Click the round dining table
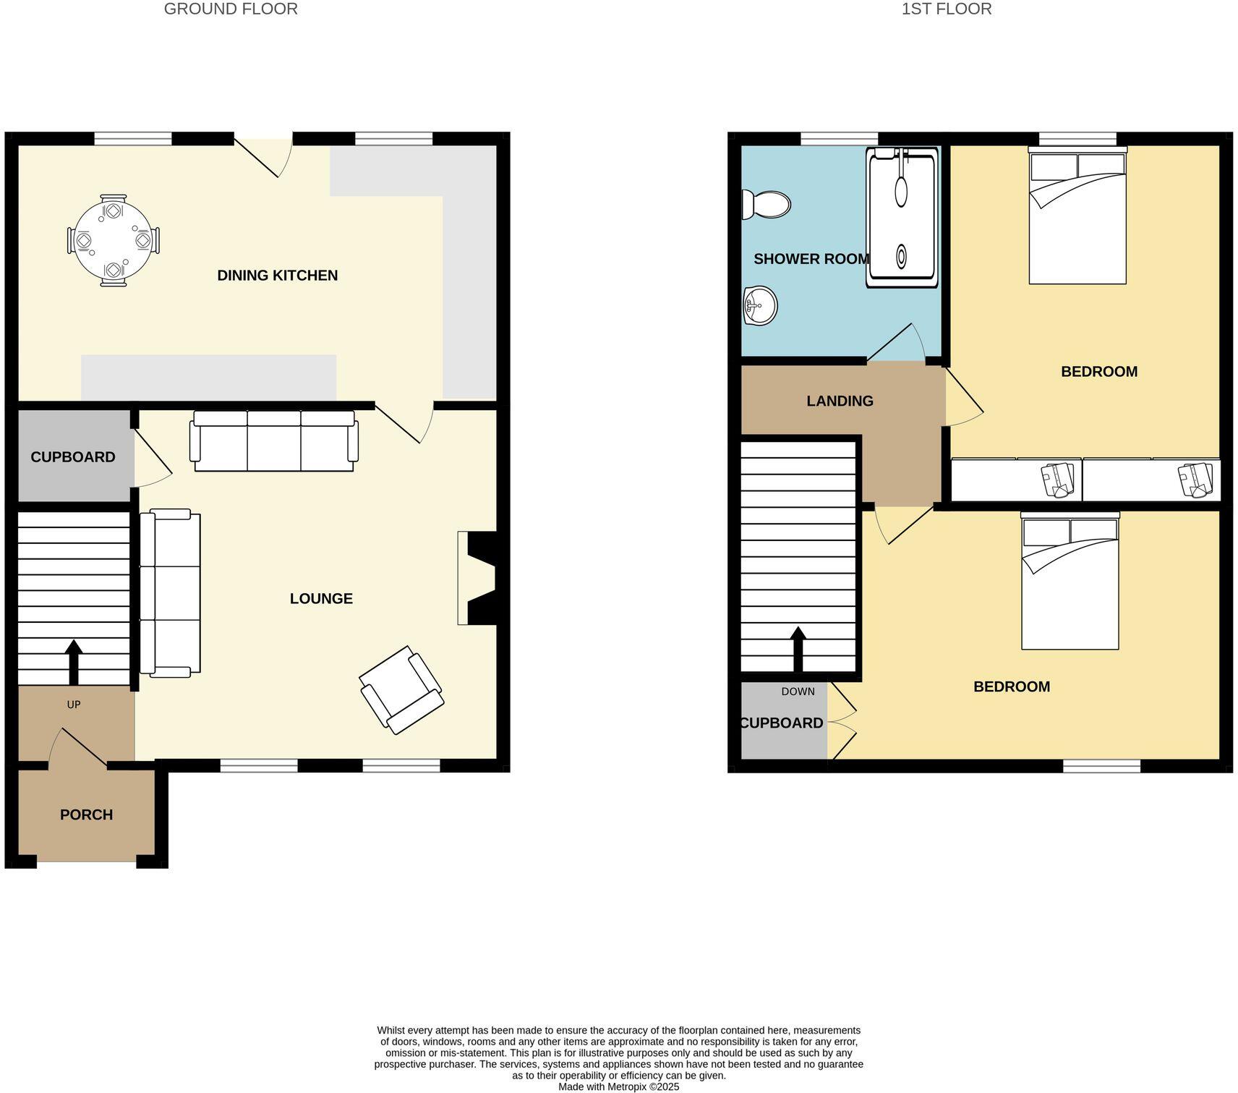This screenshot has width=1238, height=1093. coord(114,240)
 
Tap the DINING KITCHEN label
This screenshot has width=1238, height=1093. coord(277,276)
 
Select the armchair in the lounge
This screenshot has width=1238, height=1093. coord(402,690)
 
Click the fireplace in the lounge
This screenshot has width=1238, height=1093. coord(478,578)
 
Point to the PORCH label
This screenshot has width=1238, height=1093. coord(86,815)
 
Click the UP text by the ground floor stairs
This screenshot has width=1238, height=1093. coord(74,705)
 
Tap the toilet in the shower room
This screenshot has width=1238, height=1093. coord(767,205)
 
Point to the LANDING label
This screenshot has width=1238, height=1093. coord(840,401)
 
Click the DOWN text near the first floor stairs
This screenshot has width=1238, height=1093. coord(798,692)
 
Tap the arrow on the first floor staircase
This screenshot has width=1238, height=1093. coord(798,649)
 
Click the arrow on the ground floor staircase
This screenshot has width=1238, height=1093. coord(74,661)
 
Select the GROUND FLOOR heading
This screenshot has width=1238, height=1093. coord(231,9)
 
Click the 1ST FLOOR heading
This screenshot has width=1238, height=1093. coord(946,9)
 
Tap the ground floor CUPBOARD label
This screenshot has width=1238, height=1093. coord(73,457)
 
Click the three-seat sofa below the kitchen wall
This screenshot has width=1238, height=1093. coord(274,441)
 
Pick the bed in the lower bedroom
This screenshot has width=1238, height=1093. coord(1070,582)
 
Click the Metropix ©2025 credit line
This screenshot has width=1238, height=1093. coord(618,1086)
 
